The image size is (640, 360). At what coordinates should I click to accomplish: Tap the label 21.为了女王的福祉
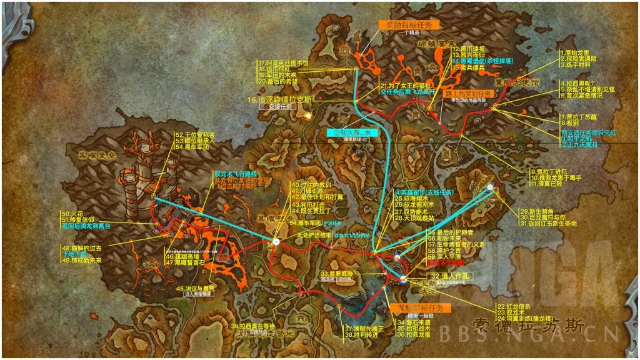[x=406, y=84]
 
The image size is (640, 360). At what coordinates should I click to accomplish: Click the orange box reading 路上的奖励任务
[x=468, y=93]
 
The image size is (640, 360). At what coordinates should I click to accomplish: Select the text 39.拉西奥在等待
[x=253, y=326]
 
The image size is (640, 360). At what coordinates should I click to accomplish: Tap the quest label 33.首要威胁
[x=338, y=273]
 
